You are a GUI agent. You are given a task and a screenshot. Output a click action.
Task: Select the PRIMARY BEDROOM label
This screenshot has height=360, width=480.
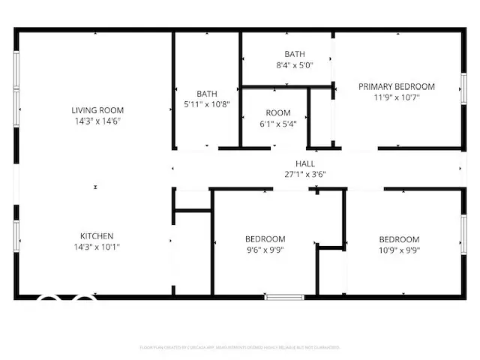tap(396, 86)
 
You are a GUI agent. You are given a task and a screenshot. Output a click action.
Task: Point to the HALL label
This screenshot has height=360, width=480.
tap(304, 163)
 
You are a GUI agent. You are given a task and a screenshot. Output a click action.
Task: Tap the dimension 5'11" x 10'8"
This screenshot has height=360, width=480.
tap(207, 104)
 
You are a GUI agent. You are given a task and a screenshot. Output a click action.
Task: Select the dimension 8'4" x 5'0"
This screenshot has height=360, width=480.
tap(294, 65)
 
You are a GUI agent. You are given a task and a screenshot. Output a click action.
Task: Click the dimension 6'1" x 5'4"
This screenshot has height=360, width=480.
tap(277, 124)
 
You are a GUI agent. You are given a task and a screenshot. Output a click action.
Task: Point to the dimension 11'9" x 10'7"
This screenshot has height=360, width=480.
tap(396, 97)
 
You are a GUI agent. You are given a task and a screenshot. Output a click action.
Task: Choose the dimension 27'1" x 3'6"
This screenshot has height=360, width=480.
tap(304, 174)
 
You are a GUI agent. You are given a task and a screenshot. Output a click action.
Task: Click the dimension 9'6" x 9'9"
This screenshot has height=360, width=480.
tap(265, 250)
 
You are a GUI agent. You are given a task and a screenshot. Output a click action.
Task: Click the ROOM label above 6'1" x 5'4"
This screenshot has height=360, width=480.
tap(277, 113)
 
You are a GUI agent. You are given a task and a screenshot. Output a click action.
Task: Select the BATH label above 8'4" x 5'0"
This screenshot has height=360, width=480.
tap(294, 54)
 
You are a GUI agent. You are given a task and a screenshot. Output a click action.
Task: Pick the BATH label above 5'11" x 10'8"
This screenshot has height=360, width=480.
tap(207, 94)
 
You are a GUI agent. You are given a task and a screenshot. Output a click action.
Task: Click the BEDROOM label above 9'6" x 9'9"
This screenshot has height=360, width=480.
tap(265, 239)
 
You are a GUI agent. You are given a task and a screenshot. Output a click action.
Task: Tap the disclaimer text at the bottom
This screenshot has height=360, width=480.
tap(240, 347)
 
